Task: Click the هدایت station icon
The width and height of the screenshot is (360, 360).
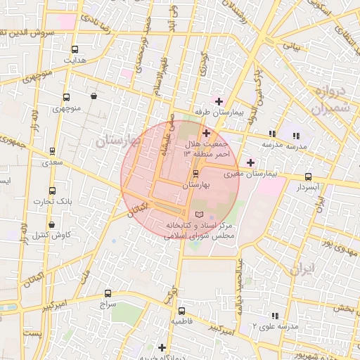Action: [x=75, y=49]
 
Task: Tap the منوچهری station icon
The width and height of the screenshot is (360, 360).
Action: [x=66, y=98]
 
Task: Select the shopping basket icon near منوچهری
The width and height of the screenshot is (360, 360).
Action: [x=94, y=96]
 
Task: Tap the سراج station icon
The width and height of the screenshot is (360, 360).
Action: [x=108, y=293]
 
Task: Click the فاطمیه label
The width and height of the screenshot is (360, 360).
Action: [x=181, y=321]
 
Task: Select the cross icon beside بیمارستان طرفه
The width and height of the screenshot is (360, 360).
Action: [x=219, y=101]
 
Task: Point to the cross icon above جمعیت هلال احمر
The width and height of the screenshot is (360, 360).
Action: [x=206, y=133]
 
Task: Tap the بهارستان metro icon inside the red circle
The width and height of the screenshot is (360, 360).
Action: [x=195, y=173]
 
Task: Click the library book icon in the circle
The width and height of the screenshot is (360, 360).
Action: [x=198, y=213]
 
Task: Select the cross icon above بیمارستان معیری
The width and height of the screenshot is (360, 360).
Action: [x=250, y=162]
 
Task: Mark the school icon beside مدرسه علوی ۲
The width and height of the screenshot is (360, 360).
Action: [x=275, y=316]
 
